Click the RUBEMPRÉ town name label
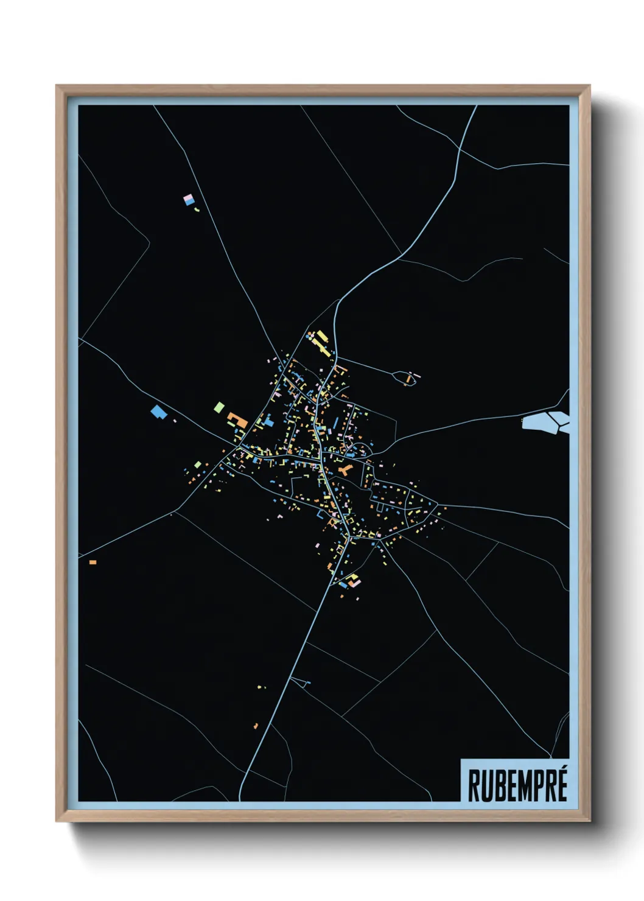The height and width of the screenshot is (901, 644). pyautogui.click(x=517, y=785)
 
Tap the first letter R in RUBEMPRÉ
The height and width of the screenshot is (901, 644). pyautogui.click(x=473, y=786)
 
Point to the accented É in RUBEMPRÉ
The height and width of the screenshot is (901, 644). pyautogui.click(x=562, y=785)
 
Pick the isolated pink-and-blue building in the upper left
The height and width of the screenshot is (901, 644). pyautogui.click(x=189, y=199)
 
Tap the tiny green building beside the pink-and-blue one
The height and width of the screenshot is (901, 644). pyautogui.click(x=197, y=209)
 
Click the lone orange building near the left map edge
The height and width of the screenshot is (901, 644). pyautogui.click(x=93, y=562)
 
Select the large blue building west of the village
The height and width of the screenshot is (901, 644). pyautogui.click(x=159, y=412)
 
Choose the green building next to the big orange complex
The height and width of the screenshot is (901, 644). pyautogui.click(x=219, y=407)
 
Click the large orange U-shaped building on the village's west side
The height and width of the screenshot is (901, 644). pyautogui.click(x=237, y=419)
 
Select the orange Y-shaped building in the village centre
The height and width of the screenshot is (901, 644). pyautogui.click(x=345, y=470)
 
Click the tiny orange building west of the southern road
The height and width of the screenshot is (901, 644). pyautogui.click(x=256, y=726)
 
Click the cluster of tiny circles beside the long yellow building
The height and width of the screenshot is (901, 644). pyautogui.click(x=310, y=335)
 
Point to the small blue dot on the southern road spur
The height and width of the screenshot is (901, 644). pyautogui.click(x=309, y=683)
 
